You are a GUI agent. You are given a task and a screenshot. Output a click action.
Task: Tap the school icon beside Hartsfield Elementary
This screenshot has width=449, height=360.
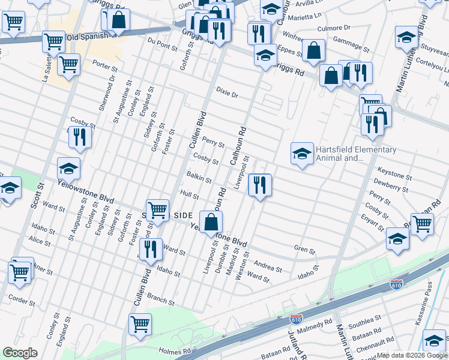[302, 154]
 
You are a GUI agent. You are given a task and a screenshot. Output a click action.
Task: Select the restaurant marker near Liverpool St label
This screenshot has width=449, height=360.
[259, 185]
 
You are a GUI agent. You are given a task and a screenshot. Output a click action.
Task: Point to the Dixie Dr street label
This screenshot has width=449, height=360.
[228, 95]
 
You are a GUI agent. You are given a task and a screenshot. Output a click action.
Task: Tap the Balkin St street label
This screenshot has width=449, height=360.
[199, 179]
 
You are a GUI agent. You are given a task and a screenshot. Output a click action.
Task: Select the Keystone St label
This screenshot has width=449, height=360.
[395, 177]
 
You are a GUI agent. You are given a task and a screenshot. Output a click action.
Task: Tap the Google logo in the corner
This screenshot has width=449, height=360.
[20, 353]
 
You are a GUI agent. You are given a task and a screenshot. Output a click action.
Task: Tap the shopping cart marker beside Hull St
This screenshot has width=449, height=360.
[157, 210]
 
